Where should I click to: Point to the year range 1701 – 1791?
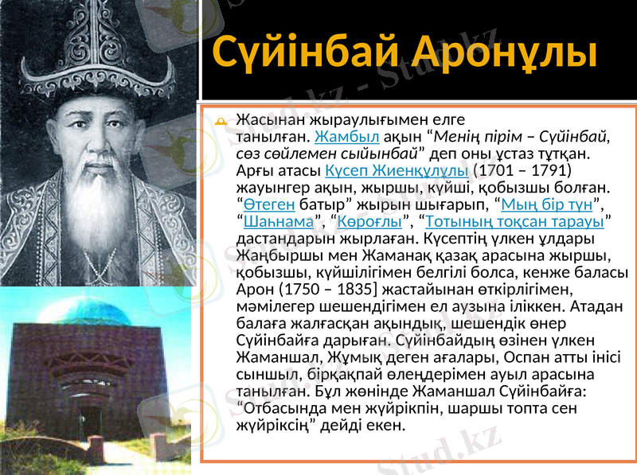click(x=521, y=169)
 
